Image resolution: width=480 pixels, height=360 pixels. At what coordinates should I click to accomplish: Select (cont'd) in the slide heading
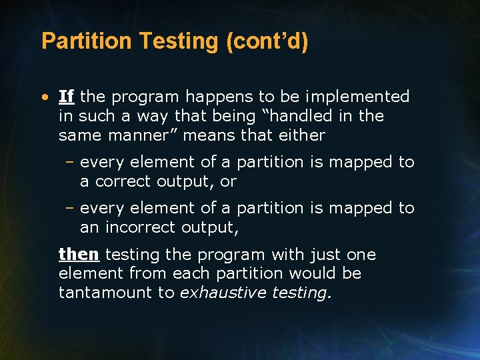(x=267, y=41)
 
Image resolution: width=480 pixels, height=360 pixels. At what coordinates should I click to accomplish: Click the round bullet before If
(x=44, y=97)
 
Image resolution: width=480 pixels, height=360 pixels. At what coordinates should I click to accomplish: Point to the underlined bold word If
(x=66, y=97)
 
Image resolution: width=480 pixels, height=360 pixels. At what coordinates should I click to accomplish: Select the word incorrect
(x=139, y=227)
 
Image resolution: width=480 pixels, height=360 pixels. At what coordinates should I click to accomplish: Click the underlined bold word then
(x=79, y=255)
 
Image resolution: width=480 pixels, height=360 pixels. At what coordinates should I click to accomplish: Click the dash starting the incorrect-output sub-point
(x=70, y=208)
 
